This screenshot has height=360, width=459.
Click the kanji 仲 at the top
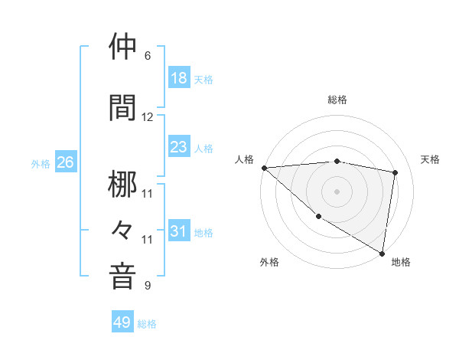(122, 47)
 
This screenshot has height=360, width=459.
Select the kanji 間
(122, 108)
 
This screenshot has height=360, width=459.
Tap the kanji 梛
(122, 185)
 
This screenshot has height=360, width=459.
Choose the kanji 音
(122, 277)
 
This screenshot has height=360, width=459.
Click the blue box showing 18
(179, 78)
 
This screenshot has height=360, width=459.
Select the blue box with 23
(179, 147)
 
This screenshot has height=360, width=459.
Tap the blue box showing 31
(179, 231)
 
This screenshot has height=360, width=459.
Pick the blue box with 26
(65, 162)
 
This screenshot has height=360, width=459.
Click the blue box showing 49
(122, 322)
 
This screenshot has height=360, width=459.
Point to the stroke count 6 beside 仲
(148, 56)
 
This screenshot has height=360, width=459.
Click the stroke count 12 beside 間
(148, 117)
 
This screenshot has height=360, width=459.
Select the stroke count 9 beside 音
(148, 286)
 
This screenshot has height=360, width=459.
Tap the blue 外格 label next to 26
(41, 163)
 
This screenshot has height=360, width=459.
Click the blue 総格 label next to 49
(147, 323)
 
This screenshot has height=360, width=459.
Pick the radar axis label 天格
(431, 159)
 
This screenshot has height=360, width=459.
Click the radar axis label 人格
(245, 159)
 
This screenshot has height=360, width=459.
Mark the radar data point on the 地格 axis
(382, 253)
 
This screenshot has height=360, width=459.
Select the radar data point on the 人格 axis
(264, 168)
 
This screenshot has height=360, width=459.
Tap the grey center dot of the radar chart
(337, 191)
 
